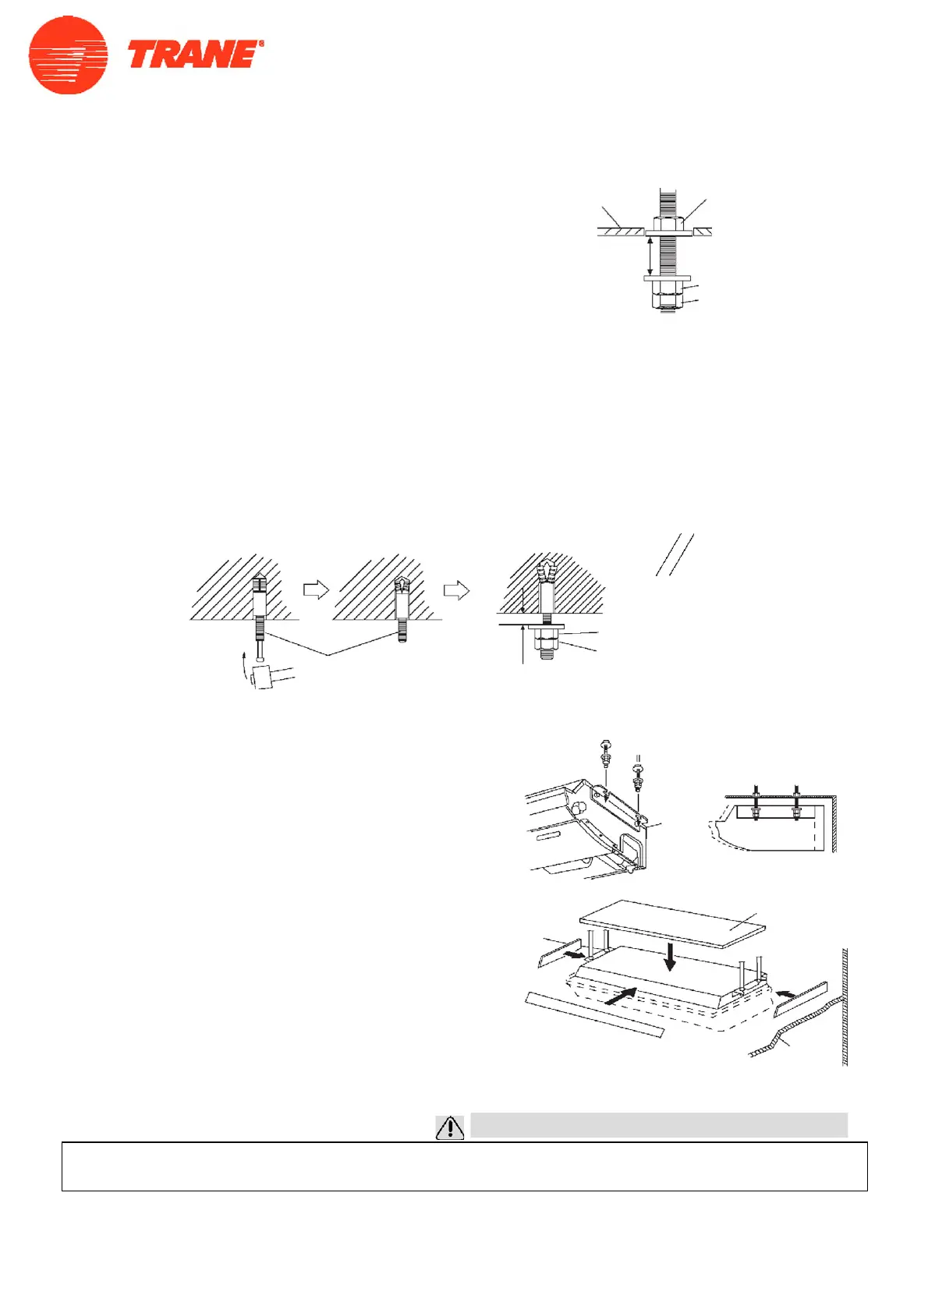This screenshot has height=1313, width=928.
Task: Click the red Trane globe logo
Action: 68,55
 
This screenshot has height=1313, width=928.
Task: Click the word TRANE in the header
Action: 192,55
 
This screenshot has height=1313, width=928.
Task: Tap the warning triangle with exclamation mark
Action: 450,1127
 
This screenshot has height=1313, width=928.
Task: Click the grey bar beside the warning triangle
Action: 659,1124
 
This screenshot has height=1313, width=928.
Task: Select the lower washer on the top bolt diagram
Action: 667,278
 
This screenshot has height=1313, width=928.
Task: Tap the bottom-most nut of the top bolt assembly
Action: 667,302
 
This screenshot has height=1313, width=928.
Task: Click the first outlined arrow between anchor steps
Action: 316,590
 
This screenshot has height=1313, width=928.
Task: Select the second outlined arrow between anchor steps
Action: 456,590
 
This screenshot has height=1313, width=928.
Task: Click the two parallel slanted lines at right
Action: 675,555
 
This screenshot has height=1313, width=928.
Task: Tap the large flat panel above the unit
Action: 673,923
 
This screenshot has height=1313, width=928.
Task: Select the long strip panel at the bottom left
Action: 595,1014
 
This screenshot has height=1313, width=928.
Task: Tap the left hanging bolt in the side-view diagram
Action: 755,803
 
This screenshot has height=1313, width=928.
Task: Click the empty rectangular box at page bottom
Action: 464,1166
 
